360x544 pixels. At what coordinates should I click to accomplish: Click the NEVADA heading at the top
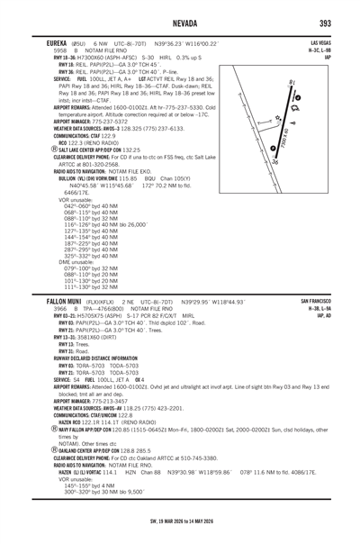[x=180, y=23]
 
